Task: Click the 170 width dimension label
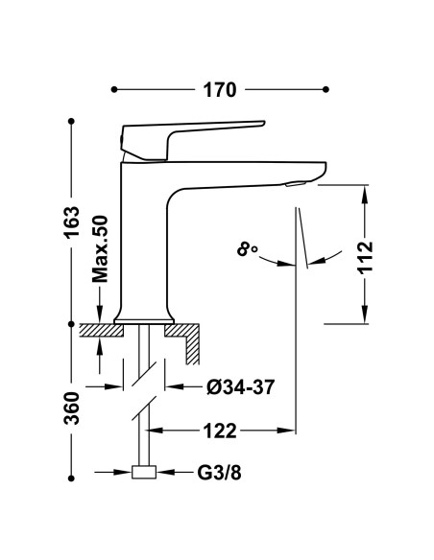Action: point(220,90)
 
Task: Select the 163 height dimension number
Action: point(71,222)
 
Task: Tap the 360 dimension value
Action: point(71,408)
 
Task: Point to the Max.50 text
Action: point(100,249)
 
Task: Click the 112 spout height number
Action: point(366,258)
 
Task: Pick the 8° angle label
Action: point(247,248)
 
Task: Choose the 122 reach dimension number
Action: point(220,431)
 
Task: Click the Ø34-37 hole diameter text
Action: point(241,386)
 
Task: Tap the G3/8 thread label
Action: point(220,473)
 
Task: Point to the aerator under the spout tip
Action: point(296,183)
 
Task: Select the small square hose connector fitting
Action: point(144,472)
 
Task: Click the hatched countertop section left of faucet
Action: point(101,330)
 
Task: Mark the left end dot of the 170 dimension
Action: point(114,89)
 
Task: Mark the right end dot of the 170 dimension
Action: point(325,89)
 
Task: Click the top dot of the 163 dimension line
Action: point(71,122)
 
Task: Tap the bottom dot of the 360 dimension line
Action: point(71,478)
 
